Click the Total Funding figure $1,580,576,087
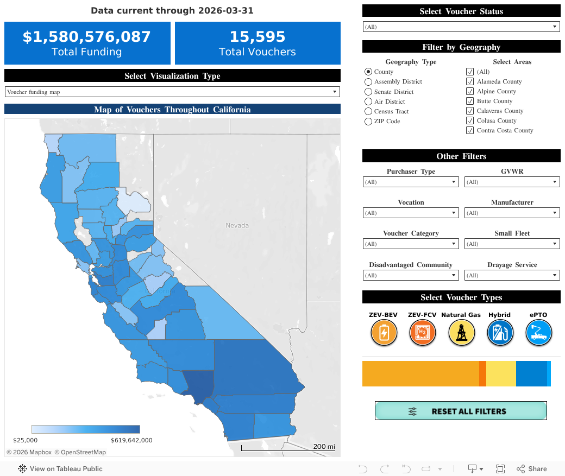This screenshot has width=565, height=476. pos(87,37)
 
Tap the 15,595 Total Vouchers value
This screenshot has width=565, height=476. pos(257,37)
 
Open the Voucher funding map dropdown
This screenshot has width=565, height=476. pos(172,92)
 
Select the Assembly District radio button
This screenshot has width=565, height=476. pos(368,82)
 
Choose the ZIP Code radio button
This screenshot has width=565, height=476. pos(368,122)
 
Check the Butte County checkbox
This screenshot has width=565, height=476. pos(470,101)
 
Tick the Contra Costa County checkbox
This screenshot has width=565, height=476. pos(470,130)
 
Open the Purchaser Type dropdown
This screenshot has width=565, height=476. pos(411,182)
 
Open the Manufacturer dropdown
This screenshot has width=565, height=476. pos(512,213)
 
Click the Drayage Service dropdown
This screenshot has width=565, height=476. pos(512,276)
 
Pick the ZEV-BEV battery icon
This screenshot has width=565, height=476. pos(384,333)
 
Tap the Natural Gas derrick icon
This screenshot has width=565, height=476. pos(461,333)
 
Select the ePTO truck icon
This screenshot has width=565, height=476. pos(538,333)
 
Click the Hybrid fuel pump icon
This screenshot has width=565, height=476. pos(500,333)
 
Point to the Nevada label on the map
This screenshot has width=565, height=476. pos(237,225)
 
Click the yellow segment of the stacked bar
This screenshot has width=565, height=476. pos(500,373)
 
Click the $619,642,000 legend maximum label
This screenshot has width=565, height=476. pos(131,440)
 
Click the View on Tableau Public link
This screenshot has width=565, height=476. pos(60,469)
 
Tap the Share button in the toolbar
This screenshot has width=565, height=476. pos(532,469)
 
